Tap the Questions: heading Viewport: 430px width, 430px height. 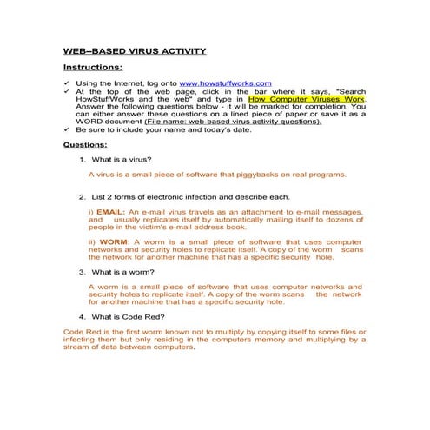point(85,146)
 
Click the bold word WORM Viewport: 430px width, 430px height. point(114,241)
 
